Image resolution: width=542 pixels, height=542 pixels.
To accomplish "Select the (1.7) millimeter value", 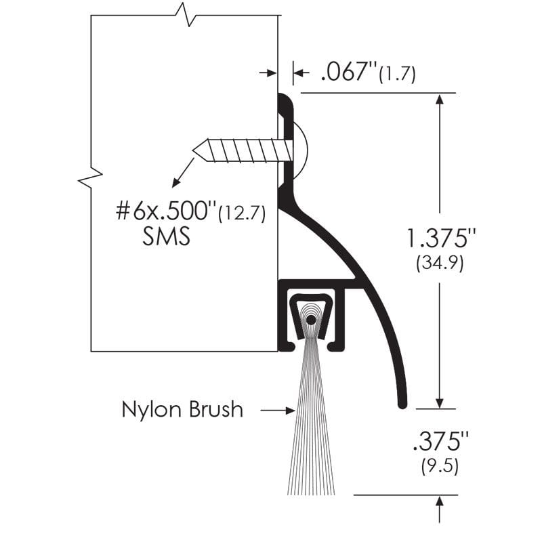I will coord(399,73).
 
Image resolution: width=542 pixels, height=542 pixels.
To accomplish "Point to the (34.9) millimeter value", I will coord(440,263).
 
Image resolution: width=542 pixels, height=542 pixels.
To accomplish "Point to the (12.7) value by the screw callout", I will coord(240,213).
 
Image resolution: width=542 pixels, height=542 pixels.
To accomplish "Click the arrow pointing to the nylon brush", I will coord(278,410).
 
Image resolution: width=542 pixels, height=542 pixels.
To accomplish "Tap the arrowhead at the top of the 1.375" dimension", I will coord(440,100).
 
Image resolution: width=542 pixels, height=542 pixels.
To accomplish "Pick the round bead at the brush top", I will coord(310,319).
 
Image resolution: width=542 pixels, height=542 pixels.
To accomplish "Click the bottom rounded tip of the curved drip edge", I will coord(401,404).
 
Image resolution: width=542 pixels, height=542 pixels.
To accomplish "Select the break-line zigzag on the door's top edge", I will coord(184,14).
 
